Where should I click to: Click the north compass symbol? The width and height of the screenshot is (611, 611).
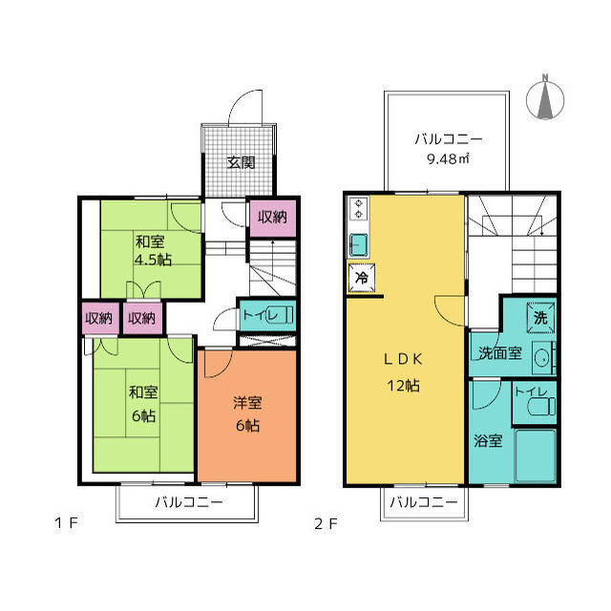point(545,98)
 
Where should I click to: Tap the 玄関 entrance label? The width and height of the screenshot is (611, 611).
point(242,162)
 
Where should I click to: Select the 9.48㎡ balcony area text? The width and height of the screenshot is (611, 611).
point(448,158)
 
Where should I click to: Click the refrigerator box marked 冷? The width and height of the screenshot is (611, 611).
point(362,278)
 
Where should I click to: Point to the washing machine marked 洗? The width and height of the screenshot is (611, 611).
point(541,318)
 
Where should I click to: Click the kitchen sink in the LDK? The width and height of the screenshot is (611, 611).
point(359,245)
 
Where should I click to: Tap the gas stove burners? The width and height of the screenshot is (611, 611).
point(359,209)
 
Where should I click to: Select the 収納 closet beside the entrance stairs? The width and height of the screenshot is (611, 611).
point(273,218)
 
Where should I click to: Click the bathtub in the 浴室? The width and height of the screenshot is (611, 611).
point(536,455)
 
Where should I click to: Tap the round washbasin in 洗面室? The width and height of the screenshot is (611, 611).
point(541,359)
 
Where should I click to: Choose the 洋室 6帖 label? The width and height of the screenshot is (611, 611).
point(248,413)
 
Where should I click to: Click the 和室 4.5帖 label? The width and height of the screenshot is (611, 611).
point(153,250)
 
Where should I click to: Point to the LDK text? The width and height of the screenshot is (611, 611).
point(403,359)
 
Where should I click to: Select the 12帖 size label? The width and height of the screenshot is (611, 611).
point(403,386)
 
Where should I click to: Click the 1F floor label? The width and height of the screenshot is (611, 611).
point(66,522)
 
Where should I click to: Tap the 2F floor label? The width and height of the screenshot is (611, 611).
point(326,524)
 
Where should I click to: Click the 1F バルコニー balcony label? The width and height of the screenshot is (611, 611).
point(189,502)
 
